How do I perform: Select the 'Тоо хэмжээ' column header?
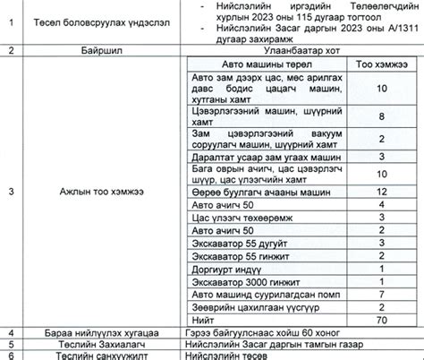pos(381,65)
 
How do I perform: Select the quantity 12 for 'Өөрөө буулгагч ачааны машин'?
pos(381,192)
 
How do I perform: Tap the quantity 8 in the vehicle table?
pos(381,116)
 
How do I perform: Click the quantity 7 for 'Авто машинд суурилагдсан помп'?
pos(381,293)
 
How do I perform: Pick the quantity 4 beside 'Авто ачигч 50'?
pos(381,205)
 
